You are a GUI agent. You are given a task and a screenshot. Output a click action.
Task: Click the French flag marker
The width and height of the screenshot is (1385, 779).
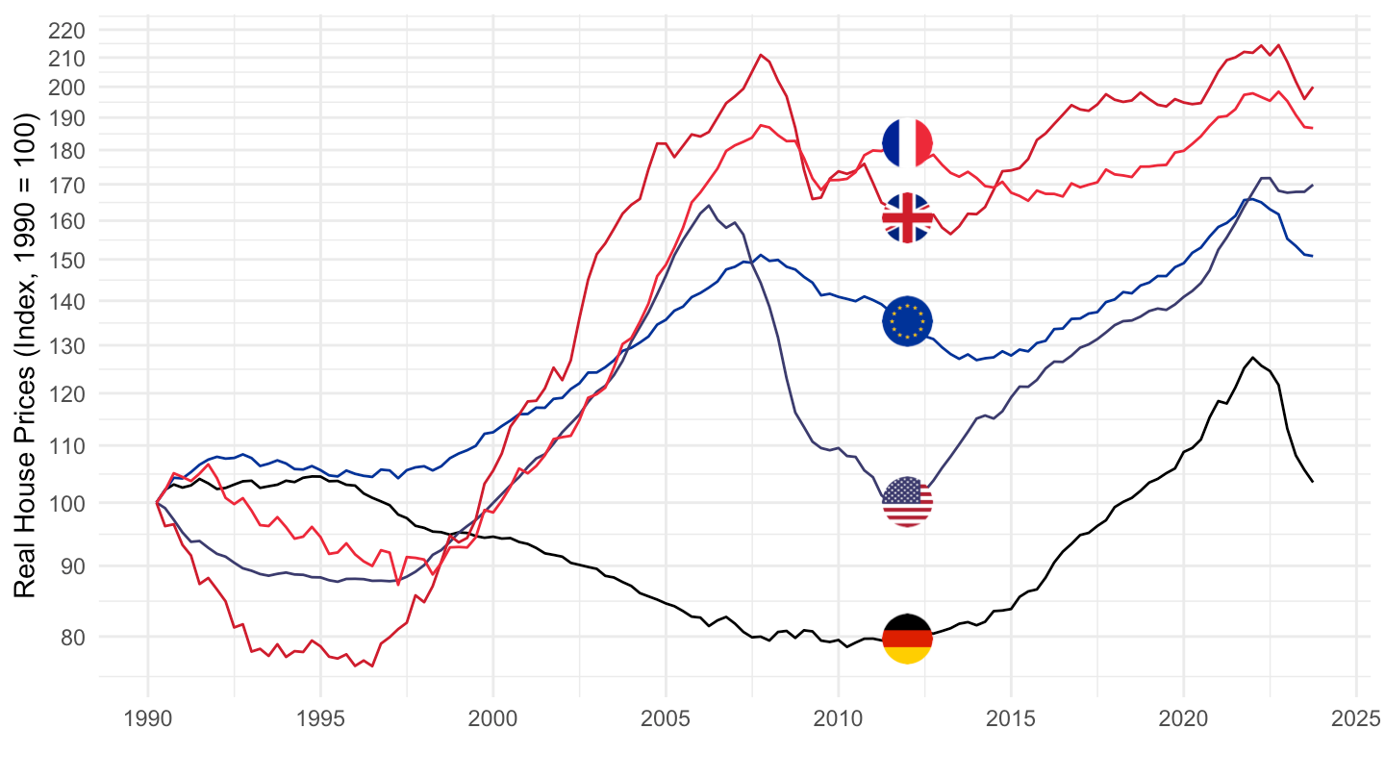[x=907, y=142]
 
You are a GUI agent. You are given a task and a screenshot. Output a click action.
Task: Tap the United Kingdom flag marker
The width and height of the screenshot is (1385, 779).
[x=907, y=217]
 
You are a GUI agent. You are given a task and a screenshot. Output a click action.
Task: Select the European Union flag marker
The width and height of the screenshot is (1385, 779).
[x=907, y=320]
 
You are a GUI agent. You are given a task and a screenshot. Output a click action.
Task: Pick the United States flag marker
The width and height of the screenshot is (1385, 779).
[x=907, y=501]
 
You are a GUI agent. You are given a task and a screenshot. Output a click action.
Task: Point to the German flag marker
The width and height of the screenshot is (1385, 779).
[x=907, y=639]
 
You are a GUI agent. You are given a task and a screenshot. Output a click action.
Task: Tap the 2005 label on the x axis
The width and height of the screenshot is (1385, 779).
[x=666, y=717]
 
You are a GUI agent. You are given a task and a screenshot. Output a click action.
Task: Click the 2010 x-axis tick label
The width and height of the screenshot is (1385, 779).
[x=838, y=717]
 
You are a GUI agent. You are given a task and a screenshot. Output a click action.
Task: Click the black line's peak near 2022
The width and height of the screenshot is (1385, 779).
[x=1252, y=358]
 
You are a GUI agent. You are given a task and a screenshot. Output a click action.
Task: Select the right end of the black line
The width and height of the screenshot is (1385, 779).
[x=1313, y=481]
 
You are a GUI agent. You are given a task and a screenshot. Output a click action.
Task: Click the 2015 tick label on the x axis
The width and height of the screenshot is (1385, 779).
[x=1011, y=717]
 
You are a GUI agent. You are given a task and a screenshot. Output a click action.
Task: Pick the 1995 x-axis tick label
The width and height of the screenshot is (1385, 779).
[x=320, y=717]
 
